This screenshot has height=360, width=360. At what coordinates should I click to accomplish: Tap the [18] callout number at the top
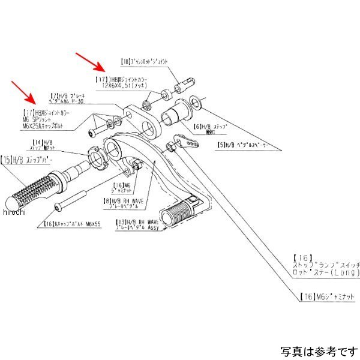[x=125, y=61]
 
